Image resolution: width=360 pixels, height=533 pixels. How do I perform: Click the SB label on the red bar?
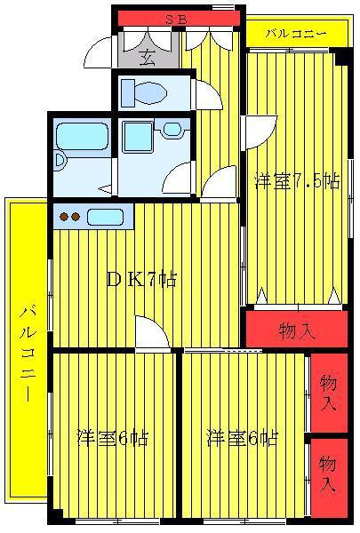click(x=176, y=20)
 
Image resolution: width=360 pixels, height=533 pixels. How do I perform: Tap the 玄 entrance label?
click(x=148, y=58)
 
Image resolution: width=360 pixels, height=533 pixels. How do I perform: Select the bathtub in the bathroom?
click(x=82, y=136)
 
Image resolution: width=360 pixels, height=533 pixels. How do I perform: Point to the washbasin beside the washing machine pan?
click(x=172, y=130)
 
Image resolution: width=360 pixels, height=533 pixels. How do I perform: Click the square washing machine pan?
click(x=137, y=137)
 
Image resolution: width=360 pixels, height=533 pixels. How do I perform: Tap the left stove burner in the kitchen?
click(x=64, y=216)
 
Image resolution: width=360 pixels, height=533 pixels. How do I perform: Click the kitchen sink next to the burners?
click(x=105, y=217)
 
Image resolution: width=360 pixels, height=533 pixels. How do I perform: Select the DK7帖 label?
click(x=141, y=279)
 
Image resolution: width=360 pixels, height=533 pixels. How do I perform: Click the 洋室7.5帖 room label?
click(x=297, y=181)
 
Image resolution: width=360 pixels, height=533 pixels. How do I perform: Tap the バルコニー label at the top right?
click(x=296, y=34)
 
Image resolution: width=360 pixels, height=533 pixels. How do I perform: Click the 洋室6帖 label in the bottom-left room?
click(x=113, y=438)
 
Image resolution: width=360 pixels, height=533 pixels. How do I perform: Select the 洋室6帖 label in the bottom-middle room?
click(x=243, y=437)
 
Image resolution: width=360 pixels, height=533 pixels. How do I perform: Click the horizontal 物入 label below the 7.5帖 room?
click(x=297, y=330)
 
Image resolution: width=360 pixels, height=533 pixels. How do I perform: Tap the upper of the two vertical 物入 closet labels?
click(x=328, y=393)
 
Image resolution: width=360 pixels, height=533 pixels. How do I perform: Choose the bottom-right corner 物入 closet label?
click(x=328, y=474)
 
